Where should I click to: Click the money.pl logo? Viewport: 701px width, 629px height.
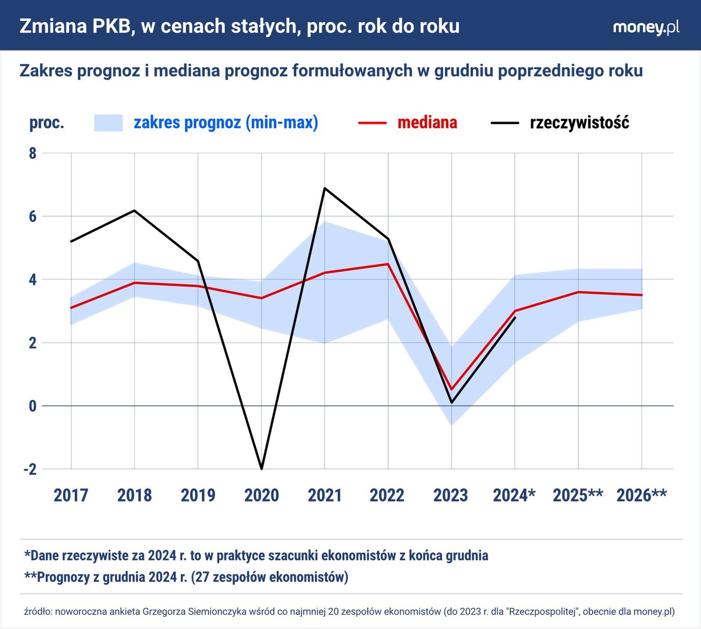pyautogui.click(x=646, y=27)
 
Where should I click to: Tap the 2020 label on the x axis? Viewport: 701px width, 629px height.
pyautogui.click(x=261, y=495)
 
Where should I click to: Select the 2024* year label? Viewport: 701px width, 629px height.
pyautogui.click(x=514, y=495)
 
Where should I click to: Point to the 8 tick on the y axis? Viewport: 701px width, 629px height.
pyautogui.click(x=32, y=153)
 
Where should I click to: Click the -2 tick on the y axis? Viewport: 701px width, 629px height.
pyautogui.click(x=30, y=469)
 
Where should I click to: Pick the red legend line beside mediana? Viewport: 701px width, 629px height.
pyautogui.click(x=372, y=123)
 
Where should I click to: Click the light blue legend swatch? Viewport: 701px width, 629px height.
pyautogui.click(x=108, y=123)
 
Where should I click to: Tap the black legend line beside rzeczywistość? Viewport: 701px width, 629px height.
pyautogui.click(x=505, y=123)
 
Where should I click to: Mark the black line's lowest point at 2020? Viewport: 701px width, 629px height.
pyautogui.click(x=261, y=469)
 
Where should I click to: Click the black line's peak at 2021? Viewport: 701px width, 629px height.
pyautogui.click(x=324, y=188)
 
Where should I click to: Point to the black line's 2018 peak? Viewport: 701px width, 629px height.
pyautogui.click(x=135, y=210)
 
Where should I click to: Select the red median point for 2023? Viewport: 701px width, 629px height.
pyautogui.click(x=451, y=389)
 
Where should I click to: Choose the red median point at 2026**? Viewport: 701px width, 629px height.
pyautogui.click(x=642, y=295)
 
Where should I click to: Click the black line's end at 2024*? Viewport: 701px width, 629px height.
pyautogui.click(x=515, y=317)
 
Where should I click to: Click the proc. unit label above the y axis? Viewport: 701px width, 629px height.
pyautogui.click(x=47, y=123)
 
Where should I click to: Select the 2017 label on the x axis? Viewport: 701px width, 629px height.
pyautogui.click(x=71, y=495)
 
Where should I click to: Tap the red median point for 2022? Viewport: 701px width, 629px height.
pyautogui.click(x=388, y=264)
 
